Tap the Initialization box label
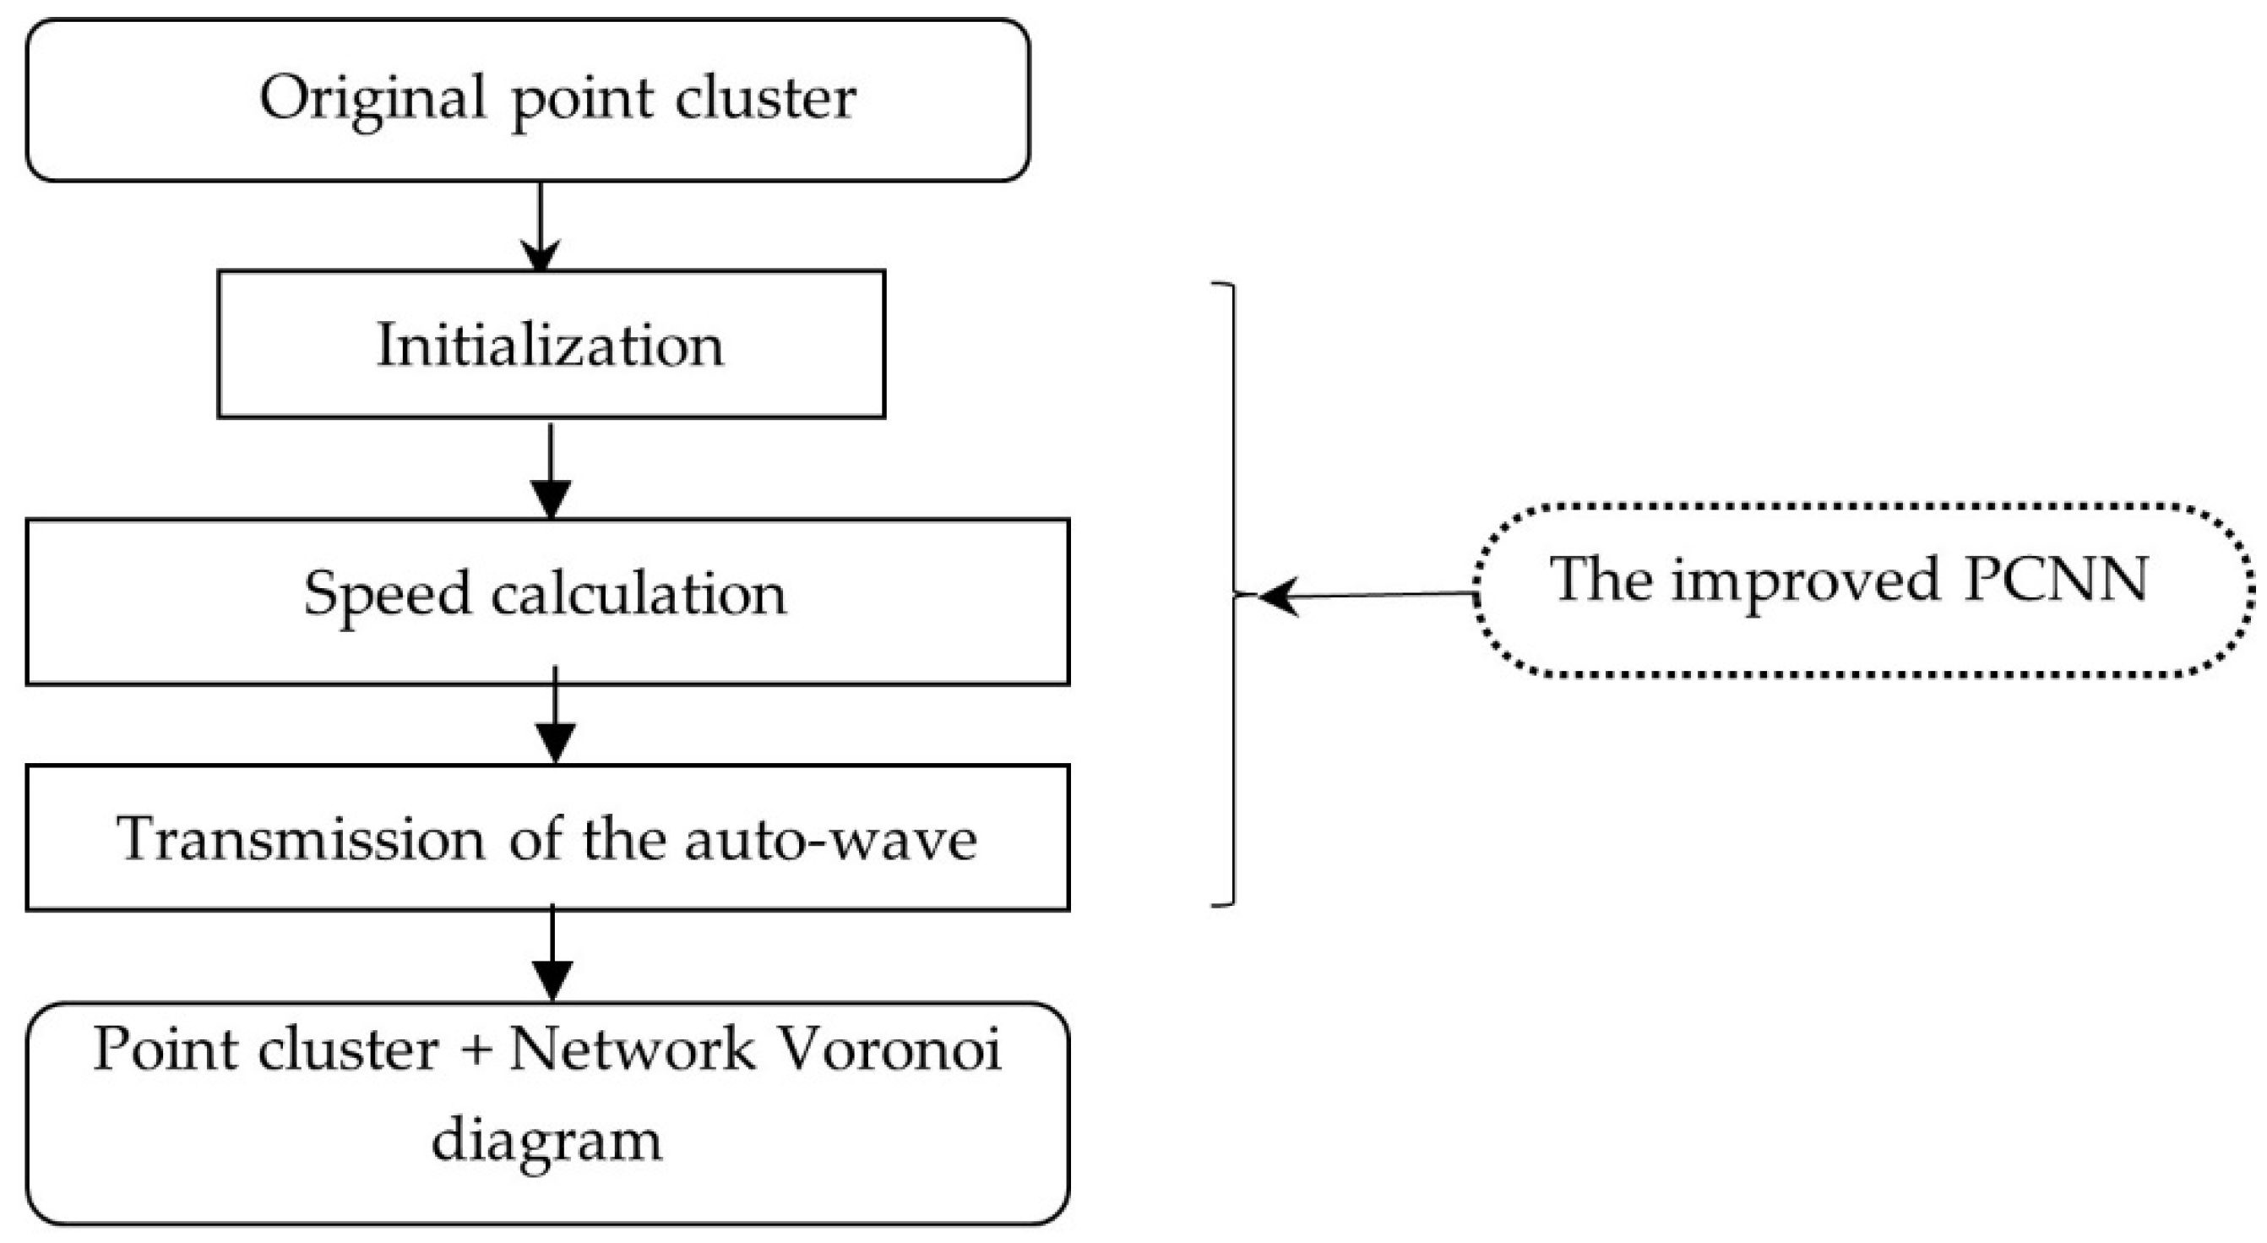pos(550,345)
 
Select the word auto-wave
pos(831,838)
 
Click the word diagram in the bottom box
pos(546,1139)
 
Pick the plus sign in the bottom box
pos(476,1051)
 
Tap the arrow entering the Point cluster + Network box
pos(552,954)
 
